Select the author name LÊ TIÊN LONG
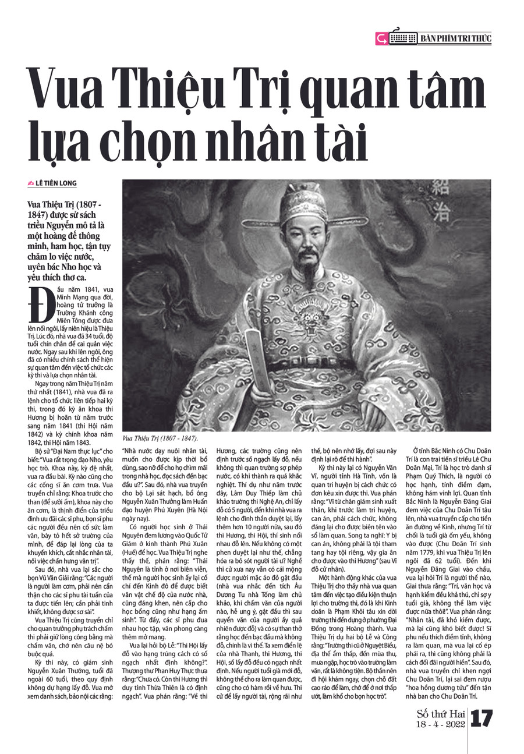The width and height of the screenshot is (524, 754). (56, 183)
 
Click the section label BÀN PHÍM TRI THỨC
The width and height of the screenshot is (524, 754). (455, 39)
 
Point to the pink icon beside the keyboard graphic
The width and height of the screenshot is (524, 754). (382, 39)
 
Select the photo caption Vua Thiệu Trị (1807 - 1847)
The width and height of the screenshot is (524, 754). (160, 438)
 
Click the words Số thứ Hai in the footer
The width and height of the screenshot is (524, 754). (441, 714)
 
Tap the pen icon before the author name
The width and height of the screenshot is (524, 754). (31, 183)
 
